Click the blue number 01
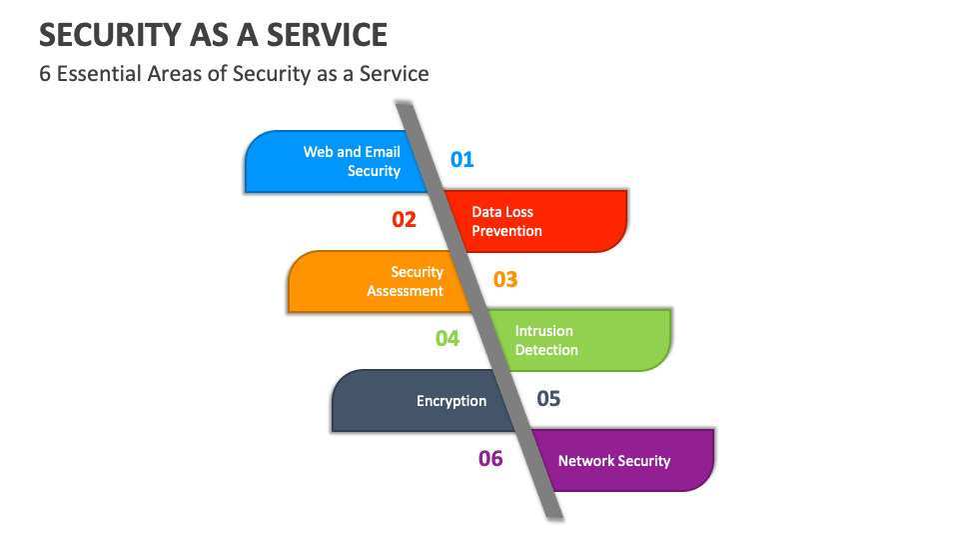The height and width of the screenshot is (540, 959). click(x=462, y=159)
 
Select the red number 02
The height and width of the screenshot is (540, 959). click(x=404, y=219)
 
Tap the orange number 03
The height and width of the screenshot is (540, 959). click(x=505, y=279)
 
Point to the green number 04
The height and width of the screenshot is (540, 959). click(x=447, y=339)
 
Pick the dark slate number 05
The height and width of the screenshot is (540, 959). click(x=548, y=399)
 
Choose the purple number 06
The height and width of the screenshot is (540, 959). click(x=490, y=459)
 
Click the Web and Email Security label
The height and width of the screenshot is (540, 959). click(x=352, y=161)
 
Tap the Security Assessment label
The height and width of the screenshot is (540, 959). click(x=405, y=281)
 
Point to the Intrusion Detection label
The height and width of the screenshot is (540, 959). click(x=546, y=340)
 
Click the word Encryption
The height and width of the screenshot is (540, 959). click(x=452, y=401)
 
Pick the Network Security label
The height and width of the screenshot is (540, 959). click(x=613, y=461)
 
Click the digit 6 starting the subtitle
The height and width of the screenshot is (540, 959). click(x=45, y=73)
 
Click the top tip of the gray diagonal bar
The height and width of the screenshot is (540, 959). click(x=405, y=103)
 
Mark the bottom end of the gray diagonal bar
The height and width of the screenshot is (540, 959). click(x=554, y=516)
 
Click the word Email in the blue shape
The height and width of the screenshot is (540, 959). click(x=383, y=152)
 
